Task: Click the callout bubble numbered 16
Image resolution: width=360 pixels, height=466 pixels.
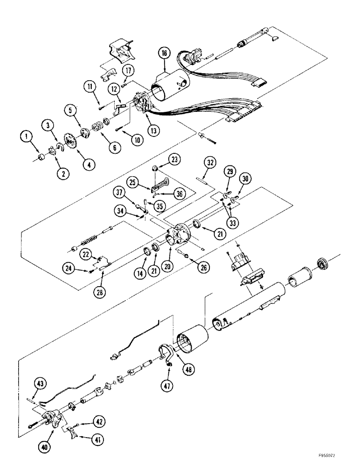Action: tap(166, 54)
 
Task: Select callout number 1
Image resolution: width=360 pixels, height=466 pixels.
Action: tap(27, 137)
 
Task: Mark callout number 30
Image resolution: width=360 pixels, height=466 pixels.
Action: tap(245, 179)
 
